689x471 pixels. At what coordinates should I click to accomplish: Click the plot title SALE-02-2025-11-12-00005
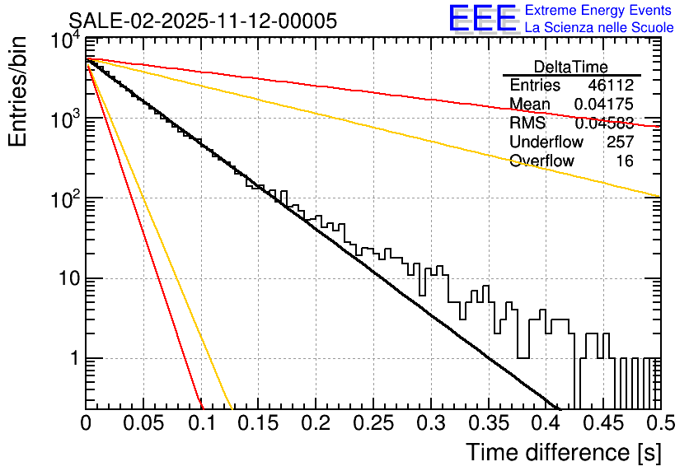pos(203,21)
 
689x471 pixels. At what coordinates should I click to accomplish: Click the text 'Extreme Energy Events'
pos(598,11)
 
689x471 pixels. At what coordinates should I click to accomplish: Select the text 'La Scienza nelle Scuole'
pos(598,27)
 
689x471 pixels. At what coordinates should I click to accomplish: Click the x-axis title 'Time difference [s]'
pos(562,452)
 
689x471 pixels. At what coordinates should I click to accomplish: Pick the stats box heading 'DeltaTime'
pos(571,68)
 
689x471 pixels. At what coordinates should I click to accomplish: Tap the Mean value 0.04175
pos(603,105)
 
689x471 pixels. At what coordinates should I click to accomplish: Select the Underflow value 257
pos(619,142)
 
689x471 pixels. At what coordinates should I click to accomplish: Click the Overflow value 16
pos(625,161)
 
